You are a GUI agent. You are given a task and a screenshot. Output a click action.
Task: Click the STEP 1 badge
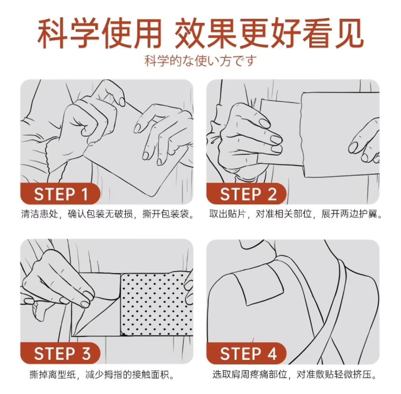pos(60,194)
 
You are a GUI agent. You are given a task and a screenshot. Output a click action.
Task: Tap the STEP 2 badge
pos(246,194)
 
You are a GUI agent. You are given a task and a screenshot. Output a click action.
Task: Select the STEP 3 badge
pos(60,353)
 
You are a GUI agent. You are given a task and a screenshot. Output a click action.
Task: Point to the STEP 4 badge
pos(246,353)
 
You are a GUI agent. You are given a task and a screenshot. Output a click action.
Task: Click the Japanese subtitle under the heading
pos(200,61)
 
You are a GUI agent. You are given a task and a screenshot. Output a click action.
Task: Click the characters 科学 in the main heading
pos(69,34)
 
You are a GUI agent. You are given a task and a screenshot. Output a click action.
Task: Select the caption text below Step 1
pos(107,214)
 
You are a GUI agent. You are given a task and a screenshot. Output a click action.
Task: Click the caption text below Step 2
pos(296,214)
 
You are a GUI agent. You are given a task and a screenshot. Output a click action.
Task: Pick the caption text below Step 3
pos(102,375)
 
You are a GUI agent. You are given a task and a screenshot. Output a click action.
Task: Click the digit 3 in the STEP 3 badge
pos(86,353)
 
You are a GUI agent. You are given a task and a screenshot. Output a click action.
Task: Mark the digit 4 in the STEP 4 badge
pos(272,353)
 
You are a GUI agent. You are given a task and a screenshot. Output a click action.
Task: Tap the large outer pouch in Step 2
pos(340,134)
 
